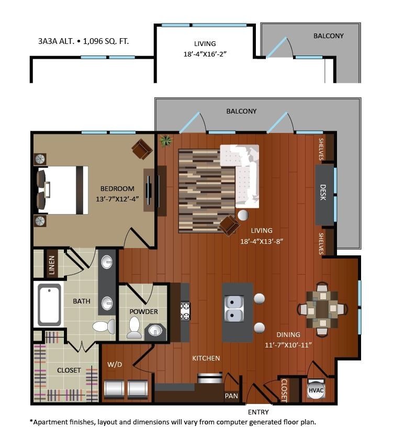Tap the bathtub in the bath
(49, 305)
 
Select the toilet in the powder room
(134, 328)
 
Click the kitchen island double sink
(233, 309)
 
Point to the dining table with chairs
(322, 309)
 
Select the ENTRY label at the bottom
(259, 412)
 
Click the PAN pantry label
(231, 396)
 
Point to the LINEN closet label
(51, 265)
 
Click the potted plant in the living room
(166, 140)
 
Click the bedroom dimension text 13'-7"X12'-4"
(117, 198)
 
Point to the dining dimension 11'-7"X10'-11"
(289, 344)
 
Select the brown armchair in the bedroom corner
(142, 149)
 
